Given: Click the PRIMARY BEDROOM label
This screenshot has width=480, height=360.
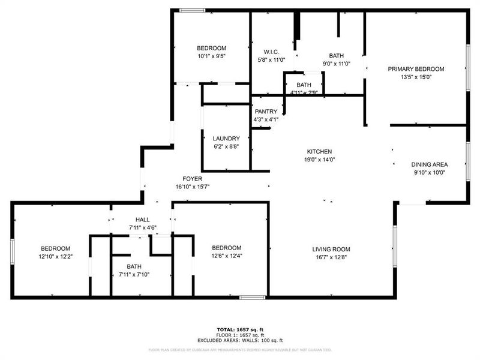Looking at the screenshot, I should point(416,69).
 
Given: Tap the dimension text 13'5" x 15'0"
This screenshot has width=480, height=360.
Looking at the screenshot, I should point(416,77).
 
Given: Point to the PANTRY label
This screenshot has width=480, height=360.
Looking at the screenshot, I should point(266,112).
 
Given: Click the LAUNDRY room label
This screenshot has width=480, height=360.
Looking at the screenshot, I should point(226,139).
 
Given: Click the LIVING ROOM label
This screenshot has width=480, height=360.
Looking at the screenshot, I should point(331,249).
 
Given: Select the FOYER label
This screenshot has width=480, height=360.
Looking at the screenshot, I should point(193,179).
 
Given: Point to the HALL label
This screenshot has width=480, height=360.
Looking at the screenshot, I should point(142,220).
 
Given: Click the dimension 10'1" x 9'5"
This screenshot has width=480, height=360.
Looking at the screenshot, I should point(211,56).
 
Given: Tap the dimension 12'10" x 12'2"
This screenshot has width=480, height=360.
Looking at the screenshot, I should point(55,256).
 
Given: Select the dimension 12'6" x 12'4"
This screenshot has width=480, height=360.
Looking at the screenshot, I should point(226,256).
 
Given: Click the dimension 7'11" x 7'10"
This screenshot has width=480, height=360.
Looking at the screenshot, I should point(134,275).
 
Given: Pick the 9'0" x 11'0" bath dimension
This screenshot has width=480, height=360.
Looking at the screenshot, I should point(336,64).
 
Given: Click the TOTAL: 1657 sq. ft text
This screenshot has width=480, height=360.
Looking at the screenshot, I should point(240,329).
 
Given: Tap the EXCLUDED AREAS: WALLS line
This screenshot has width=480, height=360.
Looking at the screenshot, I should point(240,340).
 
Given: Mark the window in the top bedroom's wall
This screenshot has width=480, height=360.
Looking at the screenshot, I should point(193,10).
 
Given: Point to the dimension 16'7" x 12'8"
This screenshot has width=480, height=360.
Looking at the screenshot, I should point(331,257).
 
